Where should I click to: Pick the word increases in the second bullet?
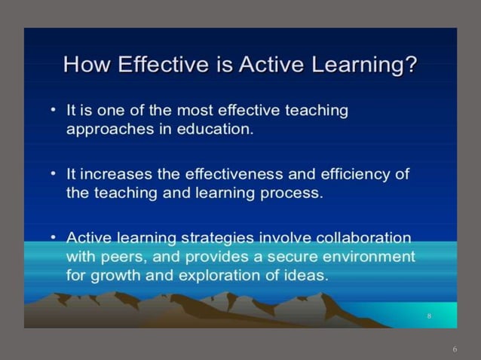(x=115, y=175)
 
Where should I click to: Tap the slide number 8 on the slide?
(x=429, y=316)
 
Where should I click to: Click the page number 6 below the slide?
(x=455, y=349)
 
